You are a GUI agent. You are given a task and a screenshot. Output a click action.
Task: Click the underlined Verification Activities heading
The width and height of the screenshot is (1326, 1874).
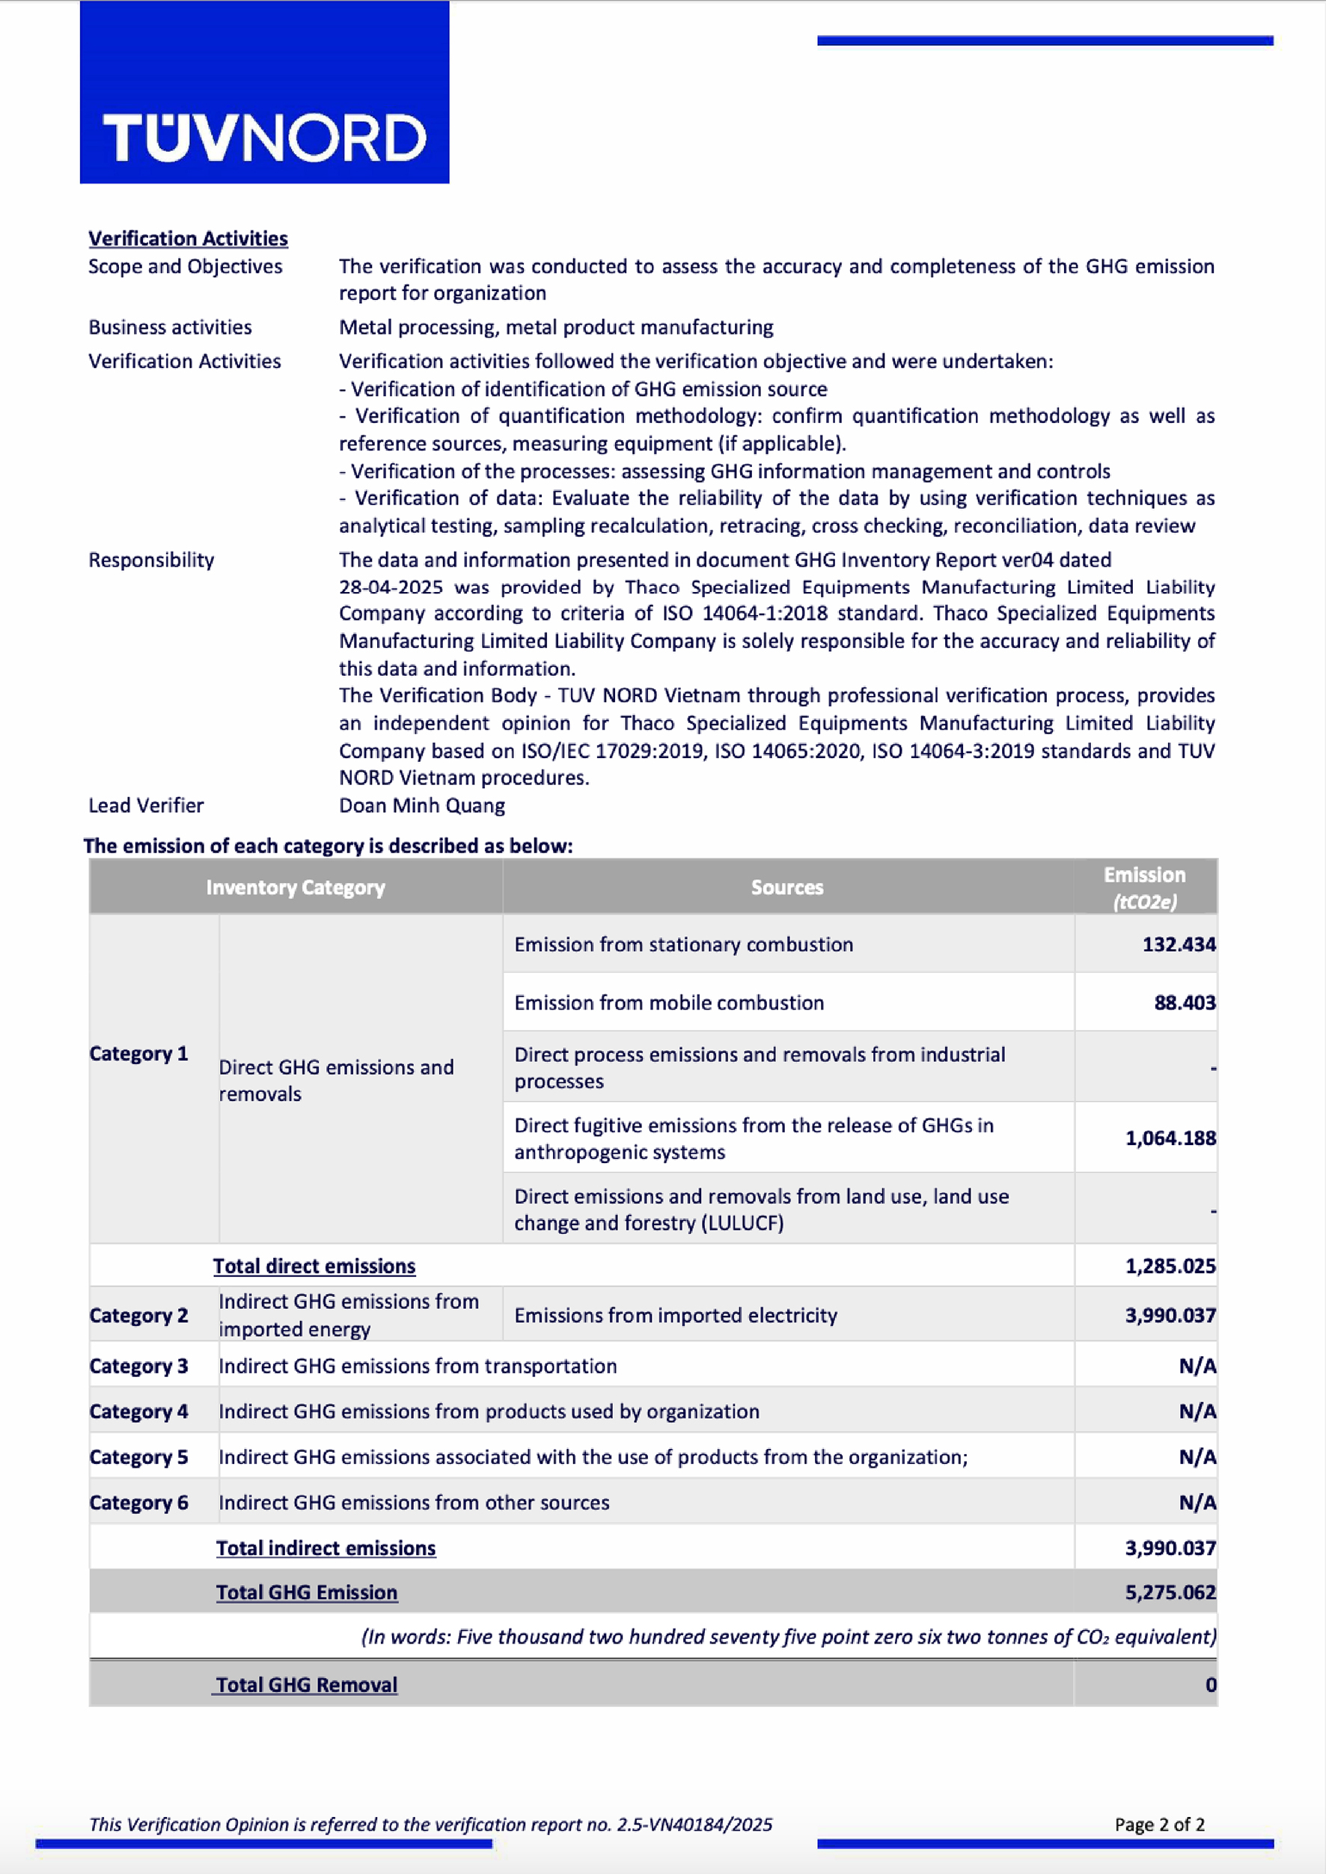[188, 239]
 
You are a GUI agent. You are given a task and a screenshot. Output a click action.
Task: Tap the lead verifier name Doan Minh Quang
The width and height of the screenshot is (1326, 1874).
[422, 805]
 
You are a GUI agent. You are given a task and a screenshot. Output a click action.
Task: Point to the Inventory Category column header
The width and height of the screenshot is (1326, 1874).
[295, 888]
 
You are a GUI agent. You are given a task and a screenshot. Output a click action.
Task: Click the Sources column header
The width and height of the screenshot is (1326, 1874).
[787, 888]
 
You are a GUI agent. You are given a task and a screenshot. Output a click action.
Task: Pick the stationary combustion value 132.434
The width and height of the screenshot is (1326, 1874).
[1179, 944]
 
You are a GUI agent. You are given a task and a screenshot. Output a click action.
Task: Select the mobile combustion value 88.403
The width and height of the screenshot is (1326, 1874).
[1184, 1003]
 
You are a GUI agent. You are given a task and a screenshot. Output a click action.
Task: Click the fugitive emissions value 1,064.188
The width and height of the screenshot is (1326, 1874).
[1170, 1138]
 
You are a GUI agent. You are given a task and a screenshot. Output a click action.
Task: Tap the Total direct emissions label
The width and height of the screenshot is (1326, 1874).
[314, 1266]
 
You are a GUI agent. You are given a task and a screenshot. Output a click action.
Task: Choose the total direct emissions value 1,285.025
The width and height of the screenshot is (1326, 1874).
[1170, 1266]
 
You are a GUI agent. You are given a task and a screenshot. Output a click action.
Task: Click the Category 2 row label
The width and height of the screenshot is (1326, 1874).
[138, 1316]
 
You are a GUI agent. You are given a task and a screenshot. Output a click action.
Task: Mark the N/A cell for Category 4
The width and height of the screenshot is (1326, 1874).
[1197, 1411]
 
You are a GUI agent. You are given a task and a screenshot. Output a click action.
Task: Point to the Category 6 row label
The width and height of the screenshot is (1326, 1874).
[138, 1503]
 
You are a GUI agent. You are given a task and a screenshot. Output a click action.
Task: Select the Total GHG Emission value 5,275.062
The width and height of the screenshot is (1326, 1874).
[1170, 1593]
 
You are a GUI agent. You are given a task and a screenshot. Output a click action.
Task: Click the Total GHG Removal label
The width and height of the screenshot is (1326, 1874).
[306, 1685]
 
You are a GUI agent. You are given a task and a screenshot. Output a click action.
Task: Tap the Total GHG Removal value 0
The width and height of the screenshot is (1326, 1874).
[1211, 1685]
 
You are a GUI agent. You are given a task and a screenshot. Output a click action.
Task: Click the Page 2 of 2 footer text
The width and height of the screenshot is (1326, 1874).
[1159, 1824]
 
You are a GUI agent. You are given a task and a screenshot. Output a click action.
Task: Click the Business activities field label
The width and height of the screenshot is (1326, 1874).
[170, 328]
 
